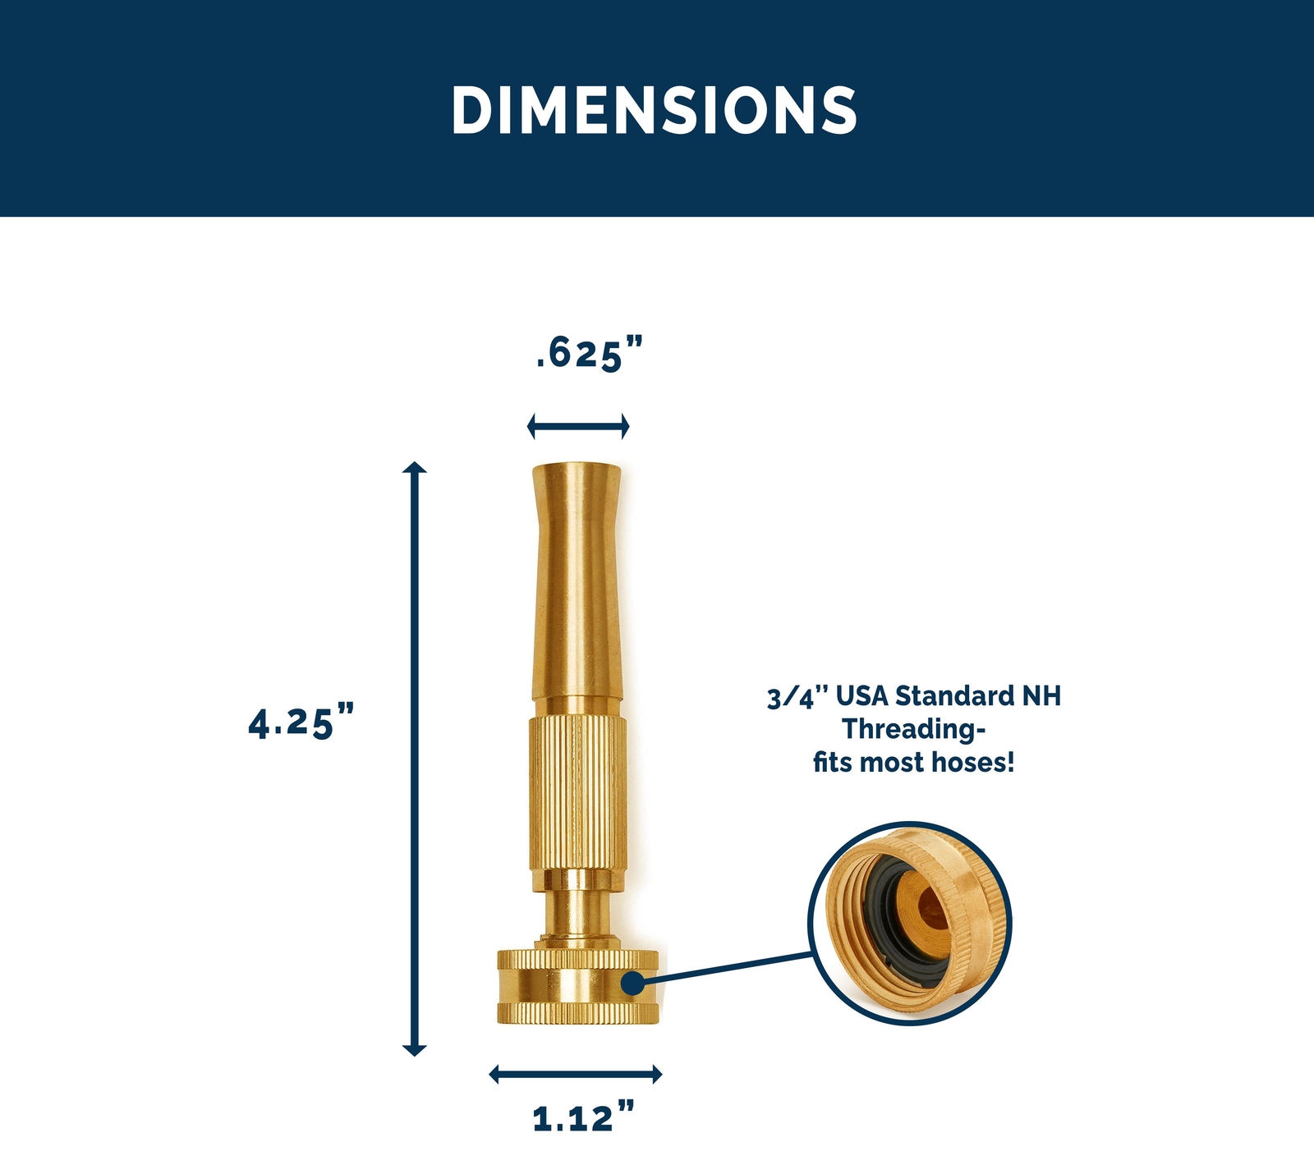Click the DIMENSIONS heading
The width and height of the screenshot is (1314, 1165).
click(x=655, y=110)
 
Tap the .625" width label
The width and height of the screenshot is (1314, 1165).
click(x=588, y=354)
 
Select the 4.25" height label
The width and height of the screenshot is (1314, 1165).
click(x=301, y=722)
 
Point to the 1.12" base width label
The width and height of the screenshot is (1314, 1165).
click(x=583, y=1118)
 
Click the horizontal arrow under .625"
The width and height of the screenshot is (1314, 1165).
click(x=578, y=426)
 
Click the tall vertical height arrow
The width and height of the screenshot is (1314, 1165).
click(x=415, y=759)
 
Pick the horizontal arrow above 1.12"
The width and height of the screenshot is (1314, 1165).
click(x=575, y=1074)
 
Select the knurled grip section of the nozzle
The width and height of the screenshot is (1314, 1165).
click(x=577, y=792)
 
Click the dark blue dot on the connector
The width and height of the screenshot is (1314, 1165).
click(x=632, y=981)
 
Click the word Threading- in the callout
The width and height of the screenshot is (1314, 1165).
click(x=913, y=729)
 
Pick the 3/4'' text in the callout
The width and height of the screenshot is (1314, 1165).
click(x=794, y=697)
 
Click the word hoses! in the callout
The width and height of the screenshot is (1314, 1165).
click(x=974, y=763)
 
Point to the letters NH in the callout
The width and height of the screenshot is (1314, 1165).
click(x=1041, y=696)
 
